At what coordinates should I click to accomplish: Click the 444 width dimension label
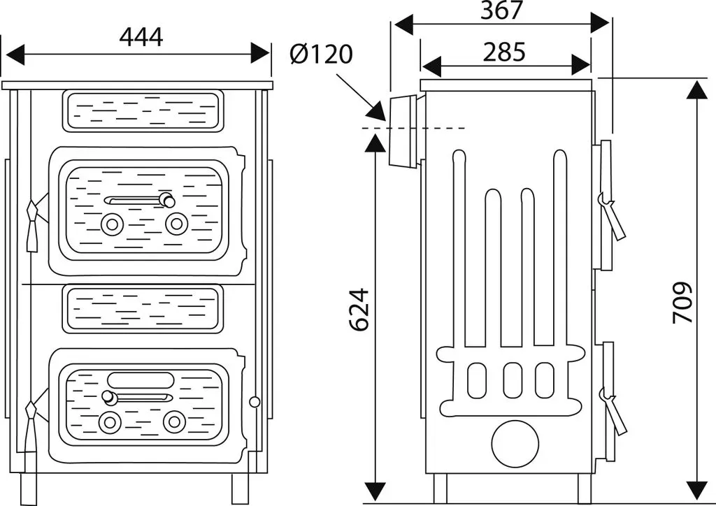[141, 38]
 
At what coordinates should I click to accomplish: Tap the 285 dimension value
[504, 52]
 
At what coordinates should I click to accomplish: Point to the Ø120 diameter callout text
[322, 54]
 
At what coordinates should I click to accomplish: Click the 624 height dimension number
[359, 310]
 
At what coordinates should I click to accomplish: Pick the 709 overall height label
[682, 303]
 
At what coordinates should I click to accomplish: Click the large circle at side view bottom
[515, 444]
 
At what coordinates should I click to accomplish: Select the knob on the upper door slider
[168, 200]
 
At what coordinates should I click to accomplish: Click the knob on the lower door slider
[108, 398]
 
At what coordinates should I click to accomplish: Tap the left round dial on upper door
[111, 224]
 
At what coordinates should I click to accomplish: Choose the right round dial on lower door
[174, 422]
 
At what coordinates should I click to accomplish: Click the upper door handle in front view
[33, 226]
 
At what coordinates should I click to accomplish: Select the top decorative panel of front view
[143, 111]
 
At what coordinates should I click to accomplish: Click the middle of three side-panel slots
[512, 380]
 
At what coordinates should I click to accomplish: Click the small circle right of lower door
[255, 401]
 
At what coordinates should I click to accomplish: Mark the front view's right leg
[238, 489]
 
